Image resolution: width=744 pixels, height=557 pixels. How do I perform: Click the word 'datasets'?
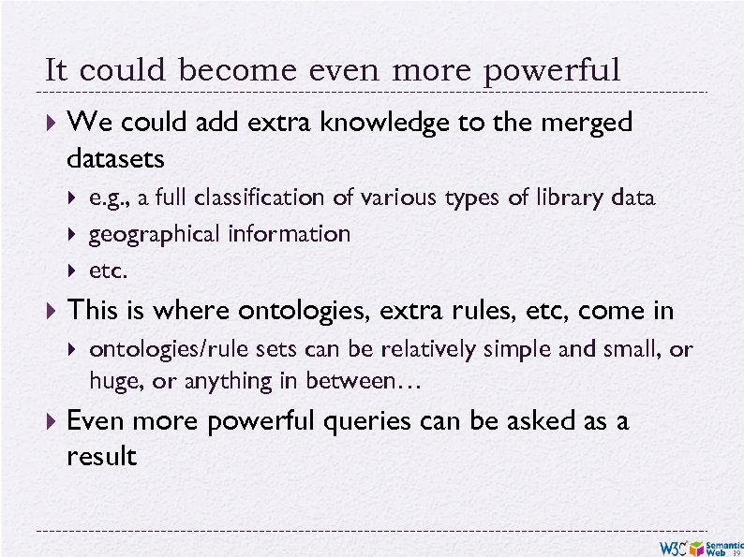[116, 159]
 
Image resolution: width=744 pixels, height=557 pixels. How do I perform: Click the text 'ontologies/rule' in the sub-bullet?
[156, 349]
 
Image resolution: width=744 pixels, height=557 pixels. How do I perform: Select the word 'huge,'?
[113, 382]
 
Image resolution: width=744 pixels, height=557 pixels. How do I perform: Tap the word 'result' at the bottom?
[102, 457]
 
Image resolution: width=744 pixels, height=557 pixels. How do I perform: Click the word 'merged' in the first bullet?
[588, 123]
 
